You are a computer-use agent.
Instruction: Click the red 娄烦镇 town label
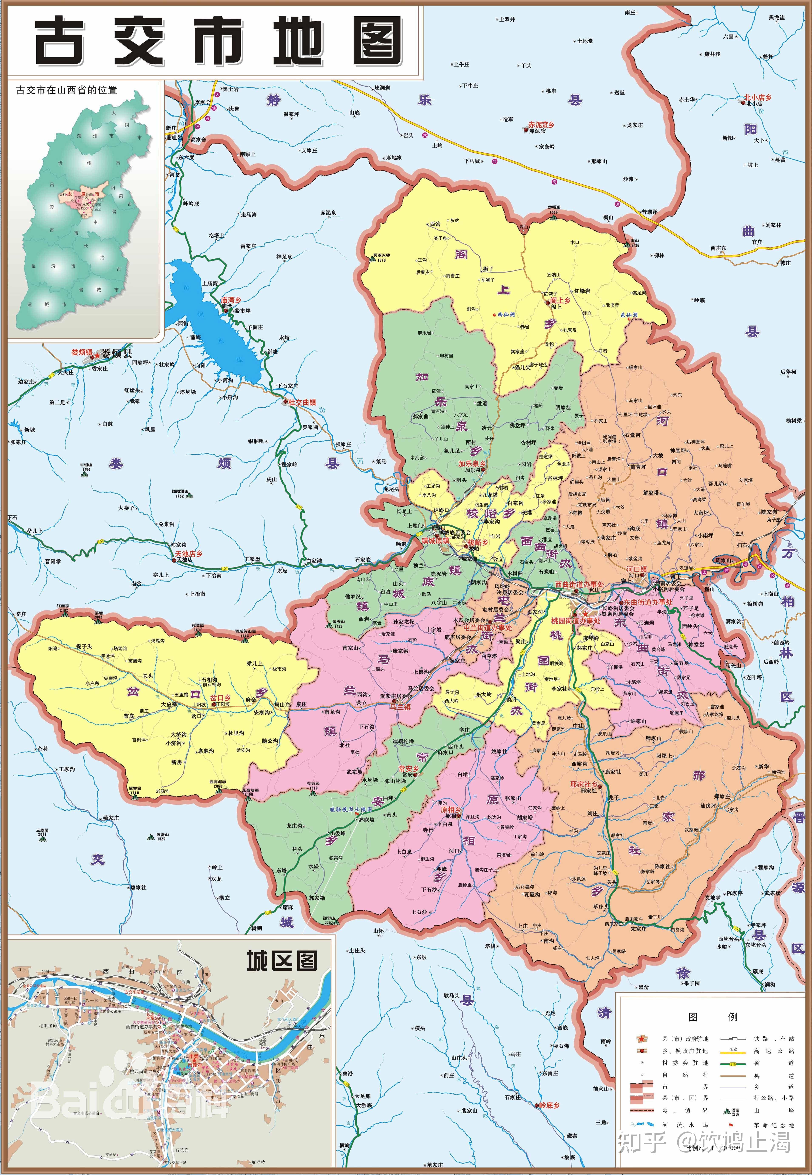81,352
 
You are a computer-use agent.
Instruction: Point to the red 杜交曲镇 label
302,402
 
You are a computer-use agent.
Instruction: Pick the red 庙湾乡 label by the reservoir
231,301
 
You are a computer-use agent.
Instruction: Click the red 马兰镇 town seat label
400,707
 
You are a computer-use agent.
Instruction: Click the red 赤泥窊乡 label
541,125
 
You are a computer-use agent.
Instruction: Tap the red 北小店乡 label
758,97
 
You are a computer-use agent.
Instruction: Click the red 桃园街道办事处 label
575,621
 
